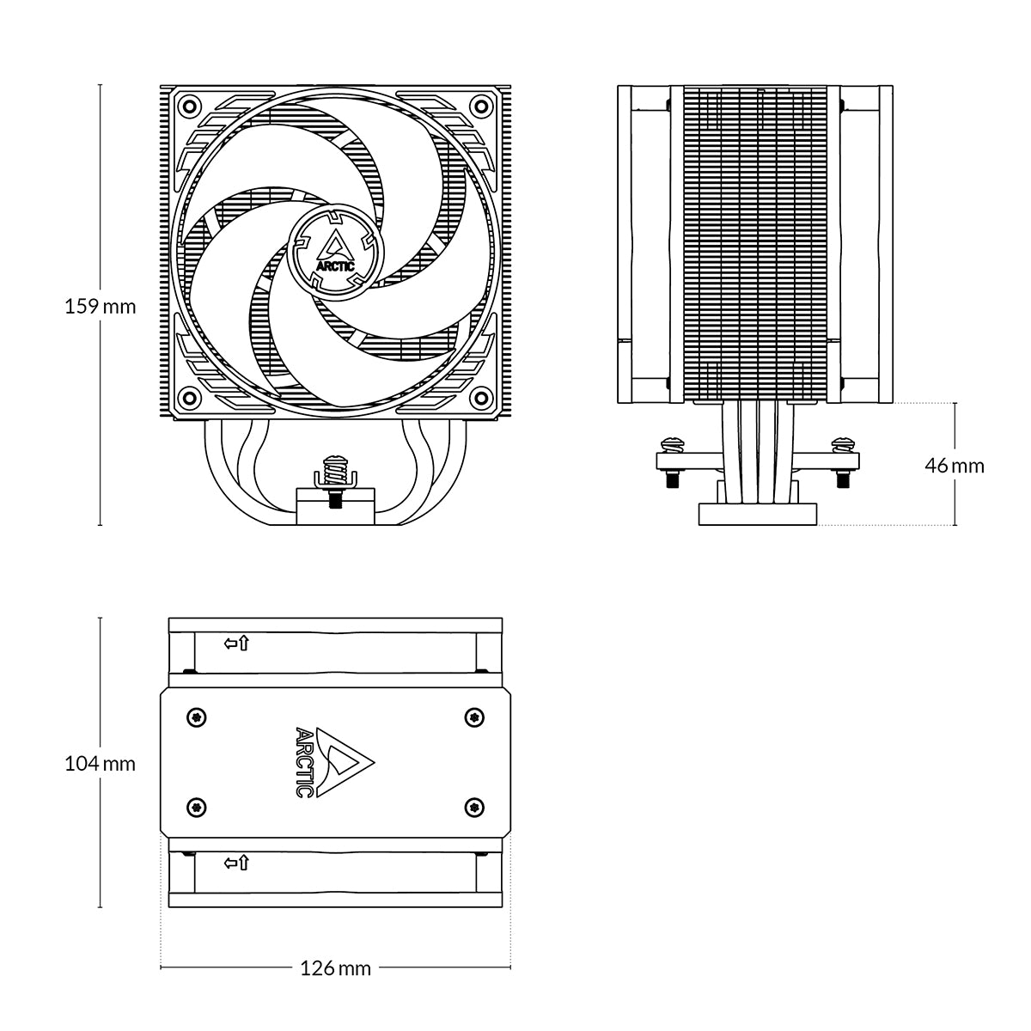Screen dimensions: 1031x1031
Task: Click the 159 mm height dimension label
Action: pyautogui.click(x=101, y=306)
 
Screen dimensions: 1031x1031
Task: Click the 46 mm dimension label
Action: pyautogui.click(x=954, y=466)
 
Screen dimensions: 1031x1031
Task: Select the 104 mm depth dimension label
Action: pyautogui.click(x=101, y=763)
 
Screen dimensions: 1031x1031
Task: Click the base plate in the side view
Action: pyautogui.click(x=758, y=514)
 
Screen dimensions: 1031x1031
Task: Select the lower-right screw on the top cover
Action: pyautogui.click(x=472, y=806)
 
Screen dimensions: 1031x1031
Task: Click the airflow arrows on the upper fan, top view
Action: pyautogui.click(x=236, y=643)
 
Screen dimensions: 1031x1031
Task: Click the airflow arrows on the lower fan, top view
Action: pyautogui.click(x=236, y=863)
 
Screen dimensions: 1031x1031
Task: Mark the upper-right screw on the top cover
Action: pyautogui.click(x=472, y=717)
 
